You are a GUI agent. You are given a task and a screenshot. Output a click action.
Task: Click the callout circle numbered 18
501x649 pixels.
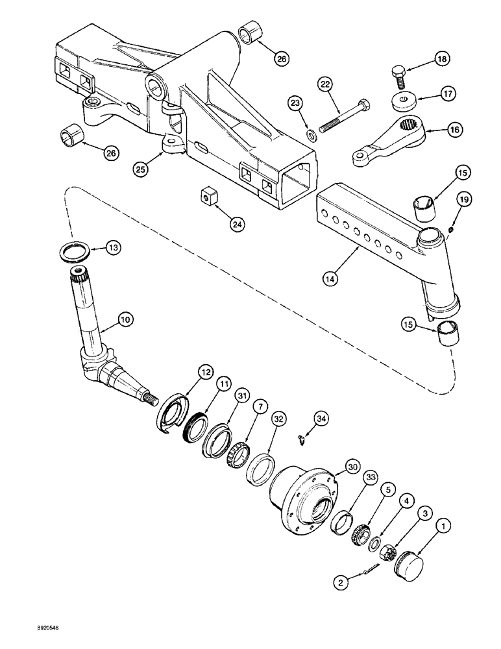point(441,60)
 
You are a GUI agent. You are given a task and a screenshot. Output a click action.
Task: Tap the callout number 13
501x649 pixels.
point(113,247)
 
